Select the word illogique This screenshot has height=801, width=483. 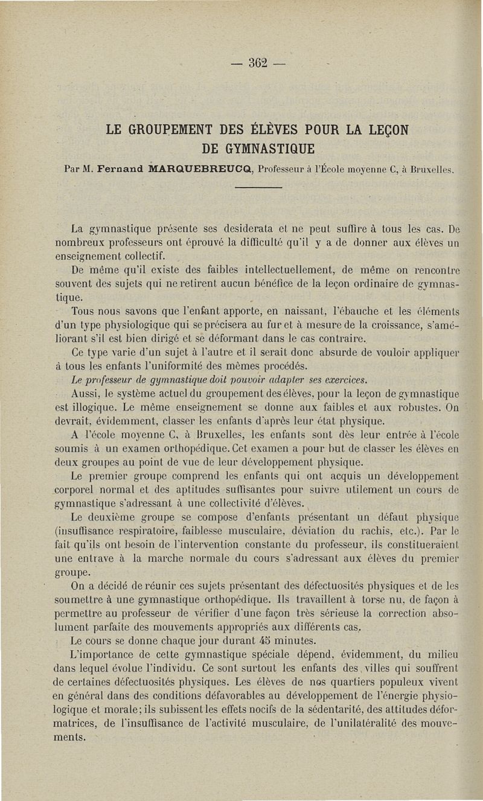95,408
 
